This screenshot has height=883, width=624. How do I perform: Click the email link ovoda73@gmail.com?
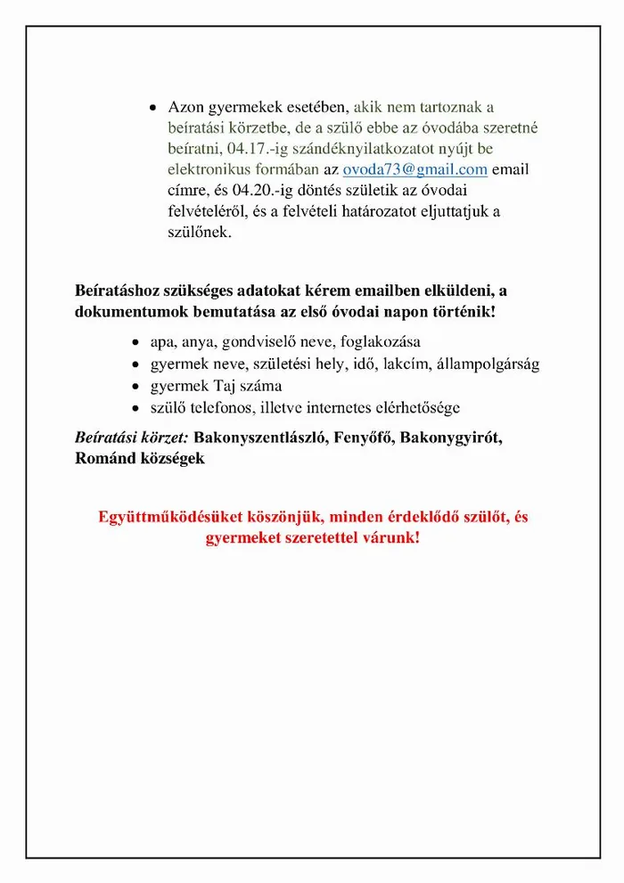[x=415, y=170]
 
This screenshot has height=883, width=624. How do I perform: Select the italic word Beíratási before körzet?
[x=107, y=439]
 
